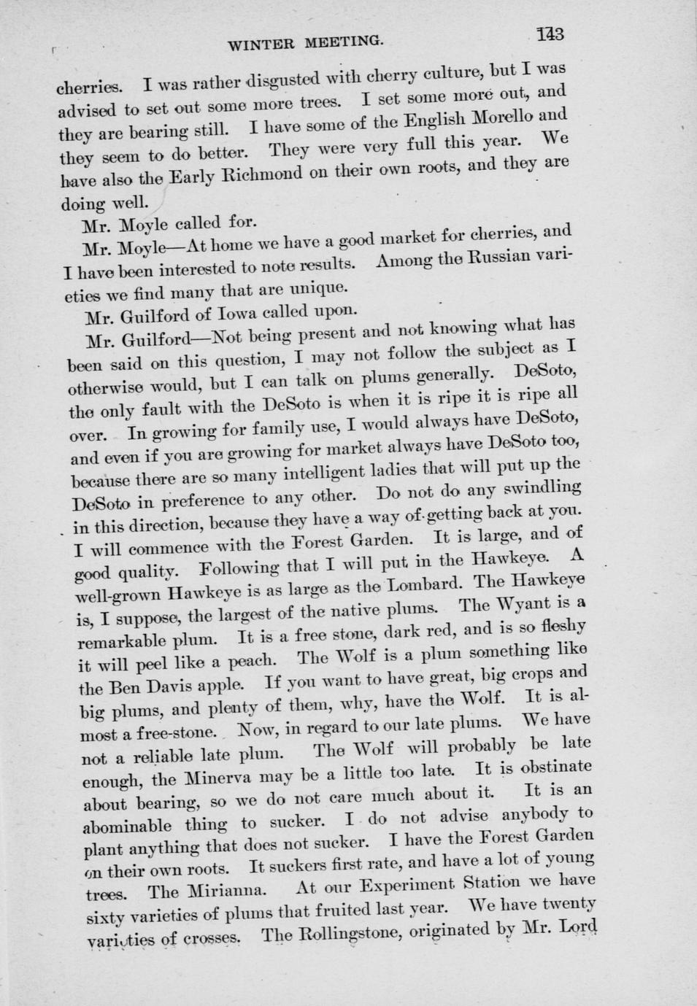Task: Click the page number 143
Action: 550,34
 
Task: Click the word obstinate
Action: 553,767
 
